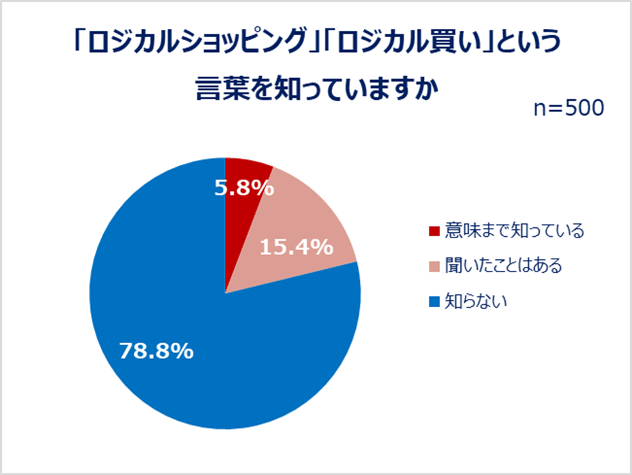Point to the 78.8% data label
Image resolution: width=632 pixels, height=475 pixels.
click(157, 351)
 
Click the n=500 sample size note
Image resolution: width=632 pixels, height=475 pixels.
click(569, 108)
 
